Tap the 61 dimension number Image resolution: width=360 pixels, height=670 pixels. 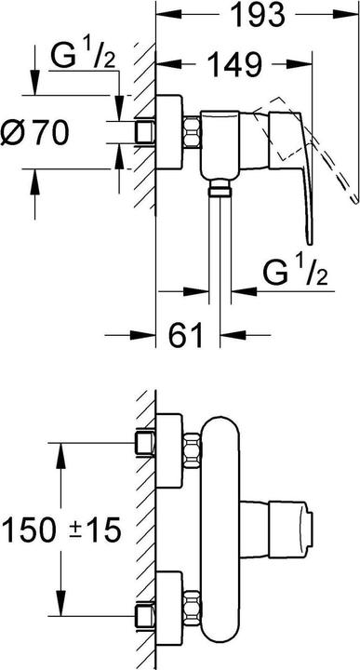187,336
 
